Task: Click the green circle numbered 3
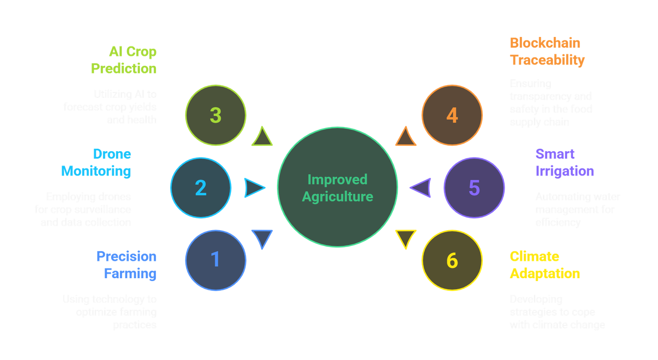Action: [215, 115]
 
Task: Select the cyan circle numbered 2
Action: [201, 187]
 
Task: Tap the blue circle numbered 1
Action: [215, 260]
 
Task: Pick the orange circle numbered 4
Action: [452, 115]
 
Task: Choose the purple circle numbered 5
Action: [474, 187]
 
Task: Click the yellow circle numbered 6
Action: [452, 260]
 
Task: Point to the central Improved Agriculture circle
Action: [337, 187]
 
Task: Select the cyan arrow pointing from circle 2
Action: [253, 188]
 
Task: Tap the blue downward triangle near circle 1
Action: [262, 238]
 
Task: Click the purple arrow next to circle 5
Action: [422, 188]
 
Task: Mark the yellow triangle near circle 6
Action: [405, 238]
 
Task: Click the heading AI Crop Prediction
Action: [124, 60]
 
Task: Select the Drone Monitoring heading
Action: [96, 162]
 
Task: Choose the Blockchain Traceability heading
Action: [547, 51]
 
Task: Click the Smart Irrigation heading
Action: [565, 162]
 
